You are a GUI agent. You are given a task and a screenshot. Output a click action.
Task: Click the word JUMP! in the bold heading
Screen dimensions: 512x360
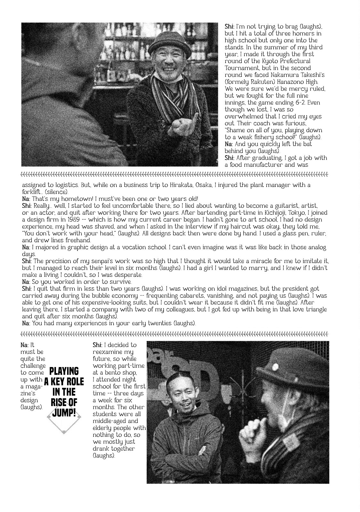pyautogui.click(x=64, y=413)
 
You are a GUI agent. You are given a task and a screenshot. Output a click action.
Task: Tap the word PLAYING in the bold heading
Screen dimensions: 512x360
pyautogui.click(x=64, y=371)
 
